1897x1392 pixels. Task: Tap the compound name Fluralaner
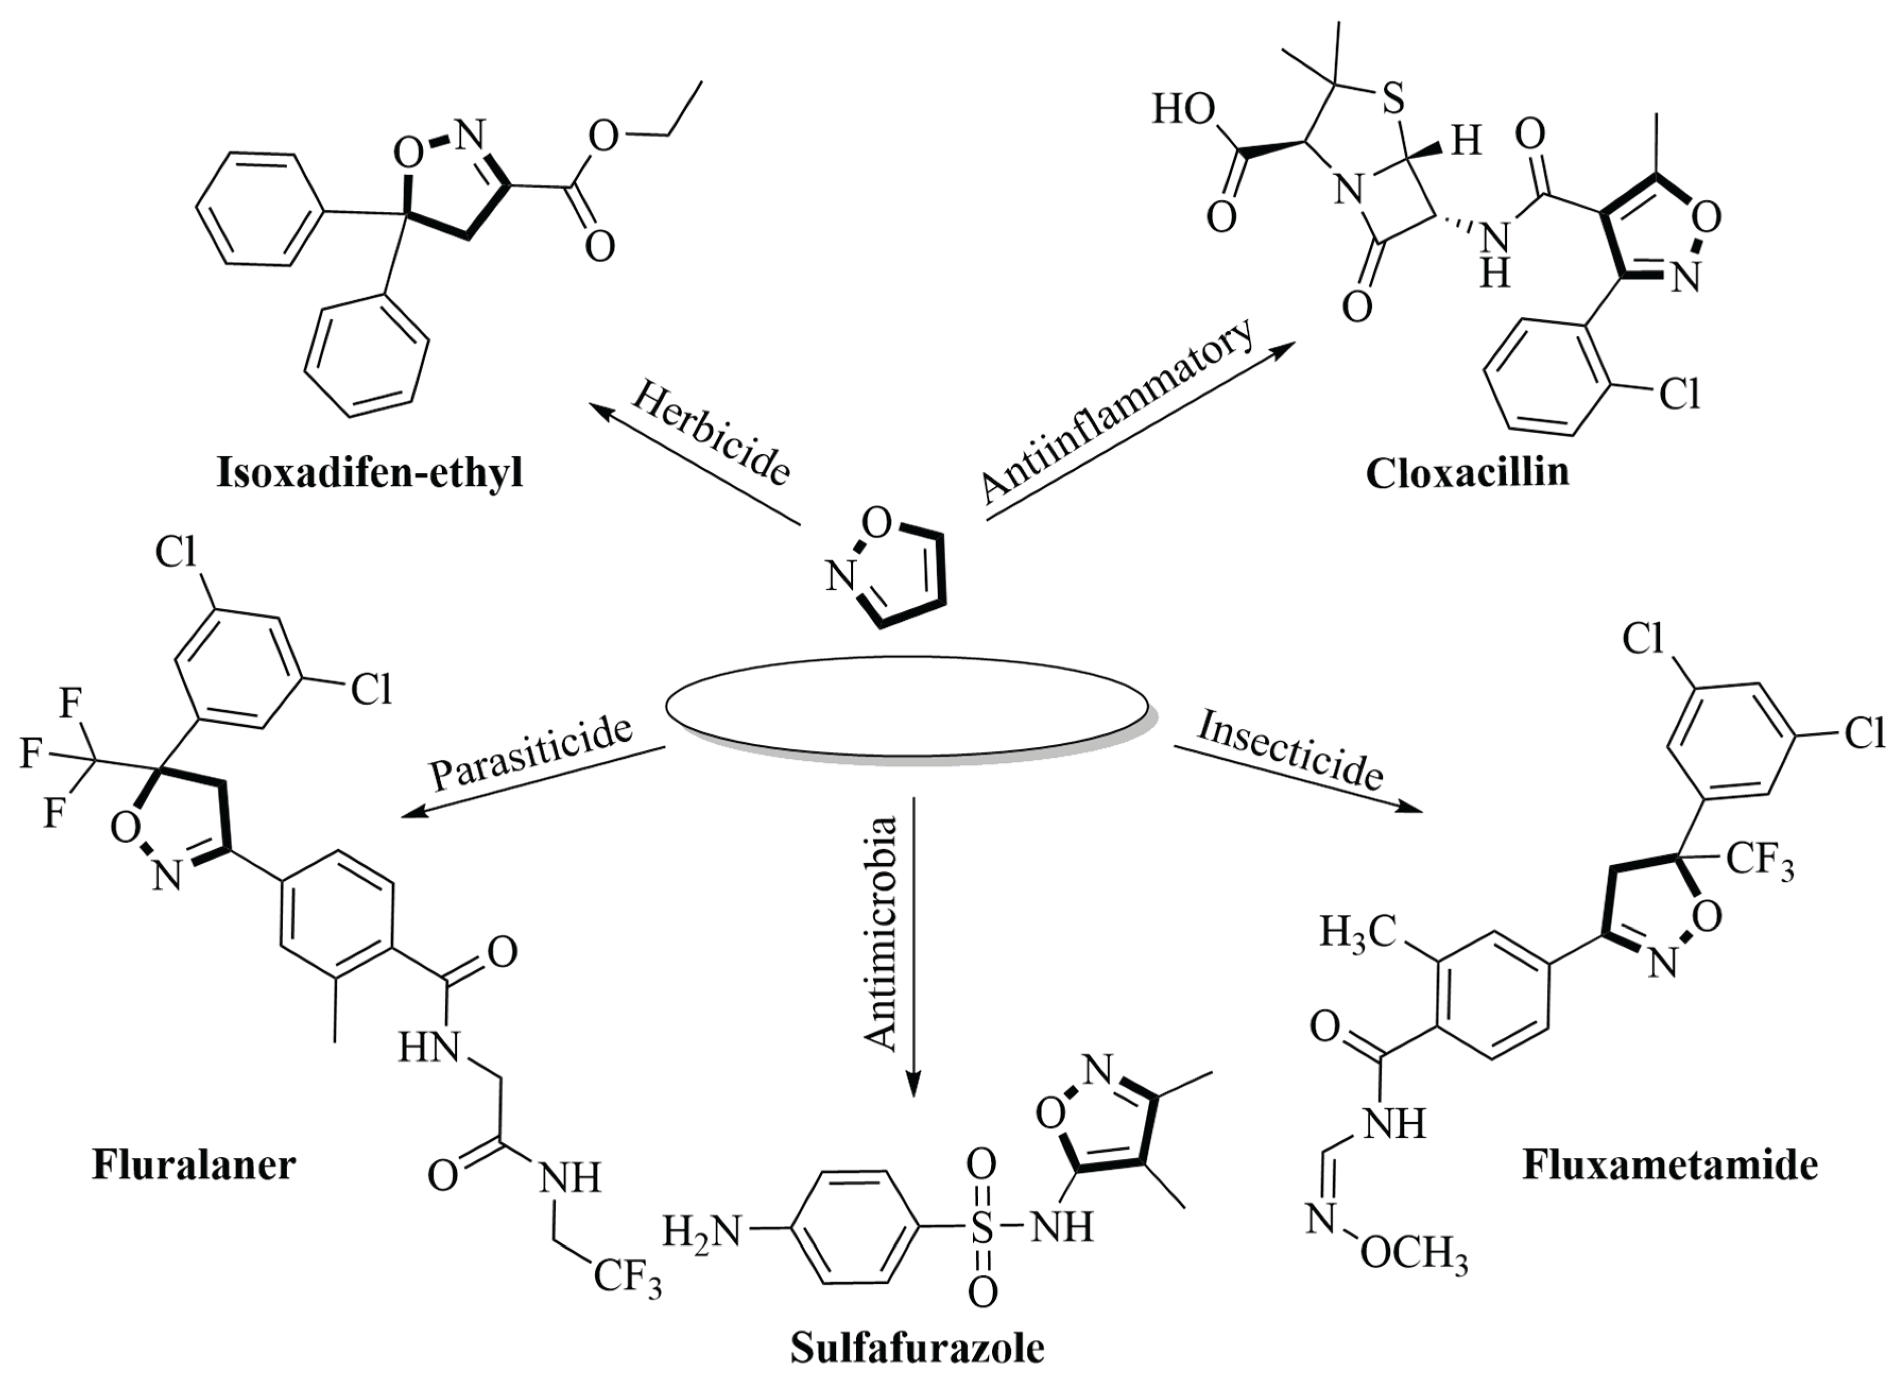click(x=194, y=1165)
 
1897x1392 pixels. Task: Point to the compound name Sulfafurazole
click(x=917, y=1347)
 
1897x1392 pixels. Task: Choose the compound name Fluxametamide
click(x=1670, y=1165)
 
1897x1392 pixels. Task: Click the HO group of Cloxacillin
click(x=1184, y=109)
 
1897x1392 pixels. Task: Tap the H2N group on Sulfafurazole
click(x=702, y=1231)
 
